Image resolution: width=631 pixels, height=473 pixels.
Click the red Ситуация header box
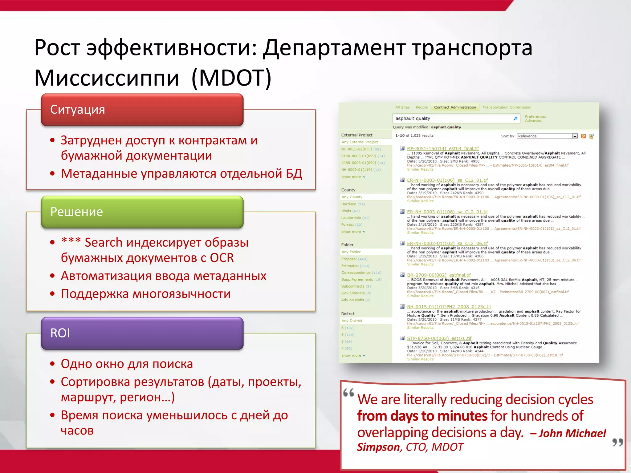pos(142,110)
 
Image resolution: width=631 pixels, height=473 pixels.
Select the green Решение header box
pos(142,212)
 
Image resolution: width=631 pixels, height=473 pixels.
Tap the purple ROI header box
pos(142,333)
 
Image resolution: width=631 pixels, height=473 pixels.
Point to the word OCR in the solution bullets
pos(222,258)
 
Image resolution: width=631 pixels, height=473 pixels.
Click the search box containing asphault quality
pos(453,119)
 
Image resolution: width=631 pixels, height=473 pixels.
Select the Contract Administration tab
pos(455,107)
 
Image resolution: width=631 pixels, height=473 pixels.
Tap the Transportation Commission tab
pos(507,107)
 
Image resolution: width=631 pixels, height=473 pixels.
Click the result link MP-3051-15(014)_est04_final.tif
pos(443,148)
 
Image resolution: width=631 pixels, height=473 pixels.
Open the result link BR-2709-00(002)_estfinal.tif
pos(439,275)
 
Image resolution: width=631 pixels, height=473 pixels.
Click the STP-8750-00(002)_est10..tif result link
pos(439,338)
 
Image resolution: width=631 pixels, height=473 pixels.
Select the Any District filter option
pos(352,321)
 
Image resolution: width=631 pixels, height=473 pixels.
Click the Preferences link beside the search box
pos(535,117)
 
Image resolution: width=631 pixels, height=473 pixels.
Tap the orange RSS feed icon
pos(583,136)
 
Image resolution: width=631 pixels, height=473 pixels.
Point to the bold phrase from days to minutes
pos(422,416)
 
